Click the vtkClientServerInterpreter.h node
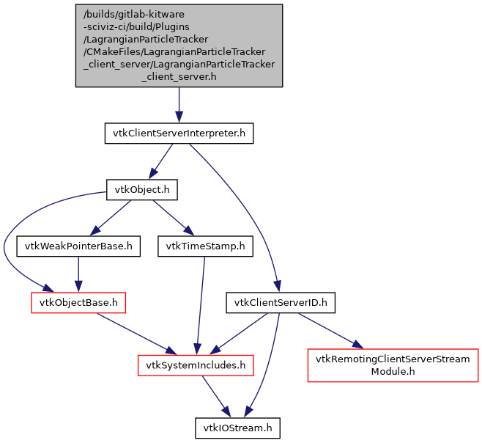click(179, 133)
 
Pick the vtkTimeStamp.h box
click(205, 246)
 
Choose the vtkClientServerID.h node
click(280, 302)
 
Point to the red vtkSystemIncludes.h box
click(196, 364)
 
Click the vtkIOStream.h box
click(237, 427)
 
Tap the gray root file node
click(179, 45)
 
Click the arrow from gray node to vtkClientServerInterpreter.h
click(179, 105)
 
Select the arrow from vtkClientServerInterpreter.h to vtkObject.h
click(161, 161)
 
